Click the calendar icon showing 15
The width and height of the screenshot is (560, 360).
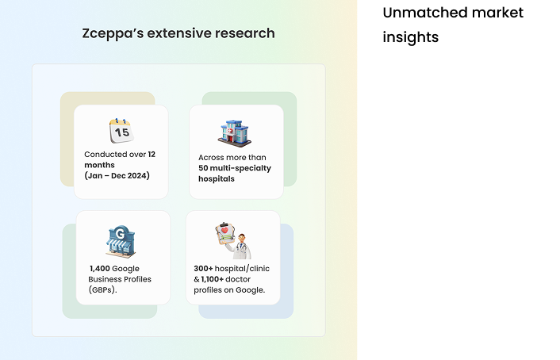pyautogui.click(x=121, y=131)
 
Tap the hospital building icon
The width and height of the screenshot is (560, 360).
pyautogui.click(x=235, y=133)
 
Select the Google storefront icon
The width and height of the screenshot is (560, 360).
pyautogui.click(x=121, y=241)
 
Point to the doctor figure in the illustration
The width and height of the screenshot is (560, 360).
pyautogui.click(x=240, y=247)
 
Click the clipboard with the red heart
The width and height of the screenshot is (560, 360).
pyautogui.click(x=225, y=234)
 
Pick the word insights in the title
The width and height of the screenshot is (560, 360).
pyautogui.click(x=411, y=37)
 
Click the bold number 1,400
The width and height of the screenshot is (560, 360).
pyautogui.click(x=100, y=269)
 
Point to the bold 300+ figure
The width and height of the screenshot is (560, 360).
pyautogui.click(x=203, y=269)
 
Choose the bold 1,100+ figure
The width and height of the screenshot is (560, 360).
pyautogui.click(x=212, y=279)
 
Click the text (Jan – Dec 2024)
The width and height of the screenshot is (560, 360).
pyautogui.click(x=117, y=176)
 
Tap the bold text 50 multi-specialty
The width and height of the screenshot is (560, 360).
pyautogui.click(x=235, y=168)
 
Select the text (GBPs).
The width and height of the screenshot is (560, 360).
pyautogui.click(x=103, y=289)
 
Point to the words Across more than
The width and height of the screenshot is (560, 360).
pyautogui.click(x=232, y=158)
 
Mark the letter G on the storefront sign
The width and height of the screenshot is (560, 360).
pyautogui.click(x=121, y=234)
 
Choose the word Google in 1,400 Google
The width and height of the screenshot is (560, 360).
pyautogui.click(x=125, y=269)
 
